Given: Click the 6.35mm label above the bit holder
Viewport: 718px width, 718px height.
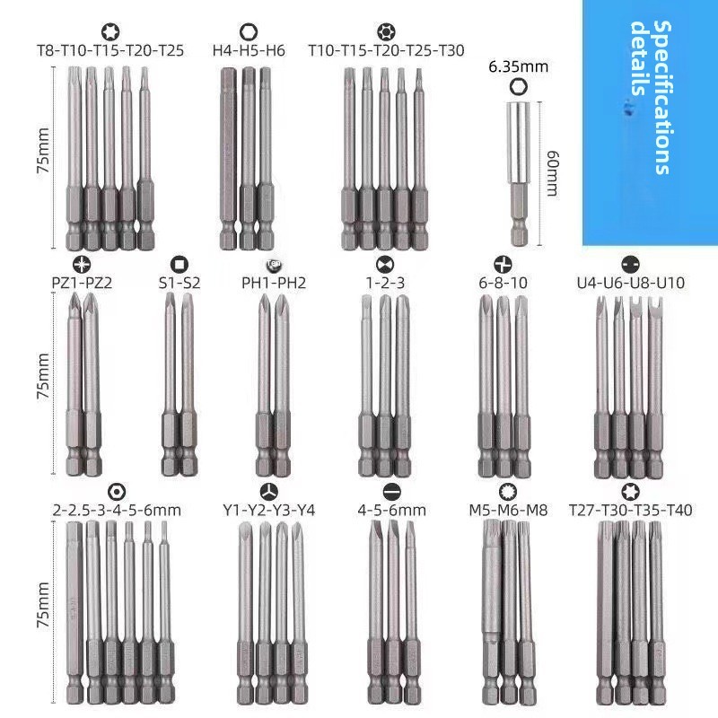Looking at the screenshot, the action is coord(519,66).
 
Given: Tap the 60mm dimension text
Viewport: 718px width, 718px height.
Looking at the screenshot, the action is coord(553,173).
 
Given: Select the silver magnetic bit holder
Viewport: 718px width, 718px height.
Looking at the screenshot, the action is coord(520,174).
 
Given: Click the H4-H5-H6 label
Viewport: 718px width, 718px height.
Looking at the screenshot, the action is coord(249,50).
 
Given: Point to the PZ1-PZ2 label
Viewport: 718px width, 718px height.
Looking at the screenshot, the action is coord(82,283).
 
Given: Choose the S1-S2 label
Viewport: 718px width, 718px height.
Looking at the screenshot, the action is coord(179,283).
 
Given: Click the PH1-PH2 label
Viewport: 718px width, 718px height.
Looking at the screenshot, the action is coord(274,283).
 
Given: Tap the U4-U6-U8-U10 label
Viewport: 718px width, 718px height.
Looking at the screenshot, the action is coord(631,283).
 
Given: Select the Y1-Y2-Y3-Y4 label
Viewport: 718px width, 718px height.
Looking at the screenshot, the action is coord(268,510).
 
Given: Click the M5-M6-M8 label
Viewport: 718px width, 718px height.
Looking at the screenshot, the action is coord(508,510).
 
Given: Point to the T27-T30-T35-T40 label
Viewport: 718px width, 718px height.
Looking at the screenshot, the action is coord(631,510).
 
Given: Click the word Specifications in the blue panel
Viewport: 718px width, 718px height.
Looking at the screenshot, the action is coord(662,98).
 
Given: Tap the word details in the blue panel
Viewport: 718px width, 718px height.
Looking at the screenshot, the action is coord(640,58).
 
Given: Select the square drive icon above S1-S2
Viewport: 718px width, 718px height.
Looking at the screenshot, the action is coord(179,264).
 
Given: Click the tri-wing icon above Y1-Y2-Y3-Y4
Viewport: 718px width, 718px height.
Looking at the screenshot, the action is coord(268,492).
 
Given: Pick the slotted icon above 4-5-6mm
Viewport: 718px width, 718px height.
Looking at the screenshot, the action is coord(391,492).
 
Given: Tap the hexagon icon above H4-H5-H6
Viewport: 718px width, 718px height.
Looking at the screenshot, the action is coord(249,32).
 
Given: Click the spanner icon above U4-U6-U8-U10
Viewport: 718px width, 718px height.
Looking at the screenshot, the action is coord(631,264).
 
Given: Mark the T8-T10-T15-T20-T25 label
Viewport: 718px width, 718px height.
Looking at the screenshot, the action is coord(110,50).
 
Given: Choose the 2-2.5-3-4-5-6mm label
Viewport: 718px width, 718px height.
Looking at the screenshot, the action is coord(117,510).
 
